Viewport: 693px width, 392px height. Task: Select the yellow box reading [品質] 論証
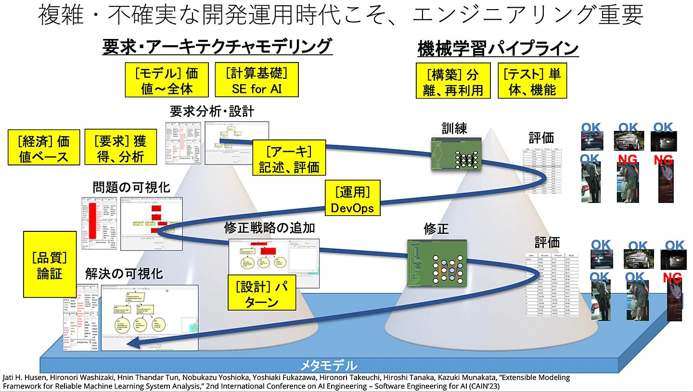click(50, 264)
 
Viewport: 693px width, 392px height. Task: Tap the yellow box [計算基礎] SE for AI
click(257, 80)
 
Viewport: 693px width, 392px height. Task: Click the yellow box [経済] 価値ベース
click(43, 149)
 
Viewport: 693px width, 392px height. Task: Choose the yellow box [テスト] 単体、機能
click(532, 81)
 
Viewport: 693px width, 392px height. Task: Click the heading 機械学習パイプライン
click(498, 49)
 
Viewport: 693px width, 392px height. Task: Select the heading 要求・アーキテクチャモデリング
click(217, 47)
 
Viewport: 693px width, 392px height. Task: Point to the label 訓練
click(454, 128)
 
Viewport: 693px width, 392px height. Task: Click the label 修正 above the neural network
click(436, 228)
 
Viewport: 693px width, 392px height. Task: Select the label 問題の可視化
click(131, 188)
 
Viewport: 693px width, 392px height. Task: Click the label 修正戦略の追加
click(269, 227)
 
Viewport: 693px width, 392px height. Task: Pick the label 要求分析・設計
click(212, 112)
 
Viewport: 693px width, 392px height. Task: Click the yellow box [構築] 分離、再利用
click(453, 81)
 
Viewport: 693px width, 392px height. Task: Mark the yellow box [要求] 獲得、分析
click(120, 149)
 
